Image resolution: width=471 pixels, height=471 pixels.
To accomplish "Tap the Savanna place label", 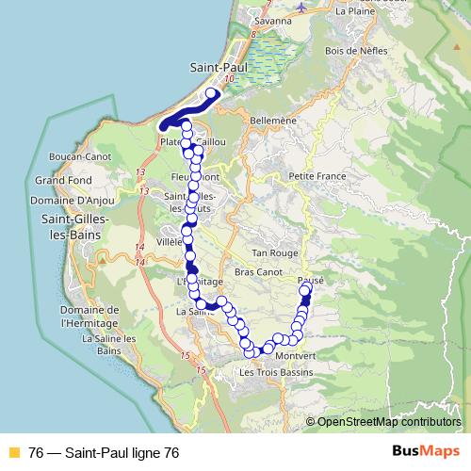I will [273, 20].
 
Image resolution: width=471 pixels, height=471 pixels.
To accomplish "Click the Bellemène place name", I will [274, 121].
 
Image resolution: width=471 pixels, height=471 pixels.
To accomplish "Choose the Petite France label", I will [317, 176].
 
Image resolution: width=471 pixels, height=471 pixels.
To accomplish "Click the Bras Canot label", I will [258, 272].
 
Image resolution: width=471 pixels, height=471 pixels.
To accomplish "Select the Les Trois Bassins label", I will [274, 372].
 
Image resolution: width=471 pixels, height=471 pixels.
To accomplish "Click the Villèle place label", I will [168, 241].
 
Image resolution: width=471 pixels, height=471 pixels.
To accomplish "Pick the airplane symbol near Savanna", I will [300, 7].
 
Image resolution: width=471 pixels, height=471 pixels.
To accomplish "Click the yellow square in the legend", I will [13, 453].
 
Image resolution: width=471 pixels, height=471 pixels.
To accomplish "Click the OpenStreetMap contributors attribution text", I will [387, 422].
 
